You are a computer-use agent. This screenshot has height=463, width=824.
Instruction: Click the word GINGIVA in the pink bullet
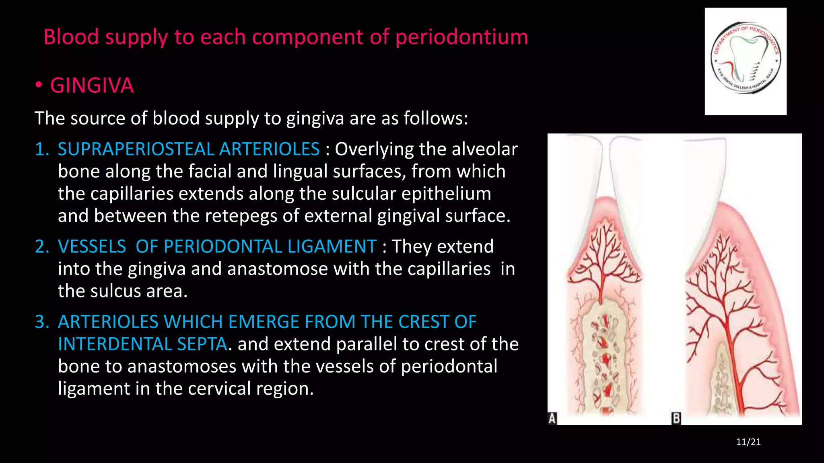pyautogui.click(x=92, y=86)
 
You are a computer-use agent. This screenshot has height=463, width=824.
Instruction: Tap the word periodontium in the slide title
pyautogui.click(x=461, y=37)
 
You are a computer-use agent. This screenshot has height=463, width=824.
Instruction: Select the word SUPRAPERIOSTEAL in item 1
pyautogui.click(x=136, y=149)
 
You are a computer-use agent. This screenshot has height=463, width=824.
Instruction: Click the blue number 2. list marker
pyautogui.click(x=42, y=246)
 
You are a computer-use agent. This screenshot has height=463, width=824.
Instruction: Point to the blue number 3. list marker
pyautogui.click(x=42, y=322)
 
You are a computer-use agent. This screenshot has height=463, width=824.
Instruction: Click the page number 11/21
pyautogui.click(x=748, y=442)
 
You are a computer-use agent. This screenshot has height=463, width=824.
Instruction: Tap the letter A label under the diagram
pyautogui.click(x=552, y=418)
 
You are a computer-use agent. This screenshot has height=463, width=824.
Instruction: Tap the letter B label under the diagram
pyautogui.click(x=676, y=418)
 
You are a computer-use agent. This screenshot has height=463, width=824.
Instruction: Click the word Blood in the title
pyautogui.click(x=71, y=37)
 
